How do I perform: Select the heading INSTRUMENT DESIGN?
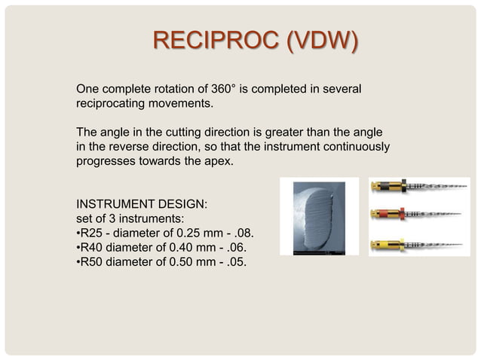pos(142,203)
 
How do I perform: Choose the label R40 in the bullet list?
pos(92,247)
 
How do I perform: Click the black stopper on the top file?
pos(403,185)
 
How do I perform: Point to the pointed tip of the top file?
pos(467,185)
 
